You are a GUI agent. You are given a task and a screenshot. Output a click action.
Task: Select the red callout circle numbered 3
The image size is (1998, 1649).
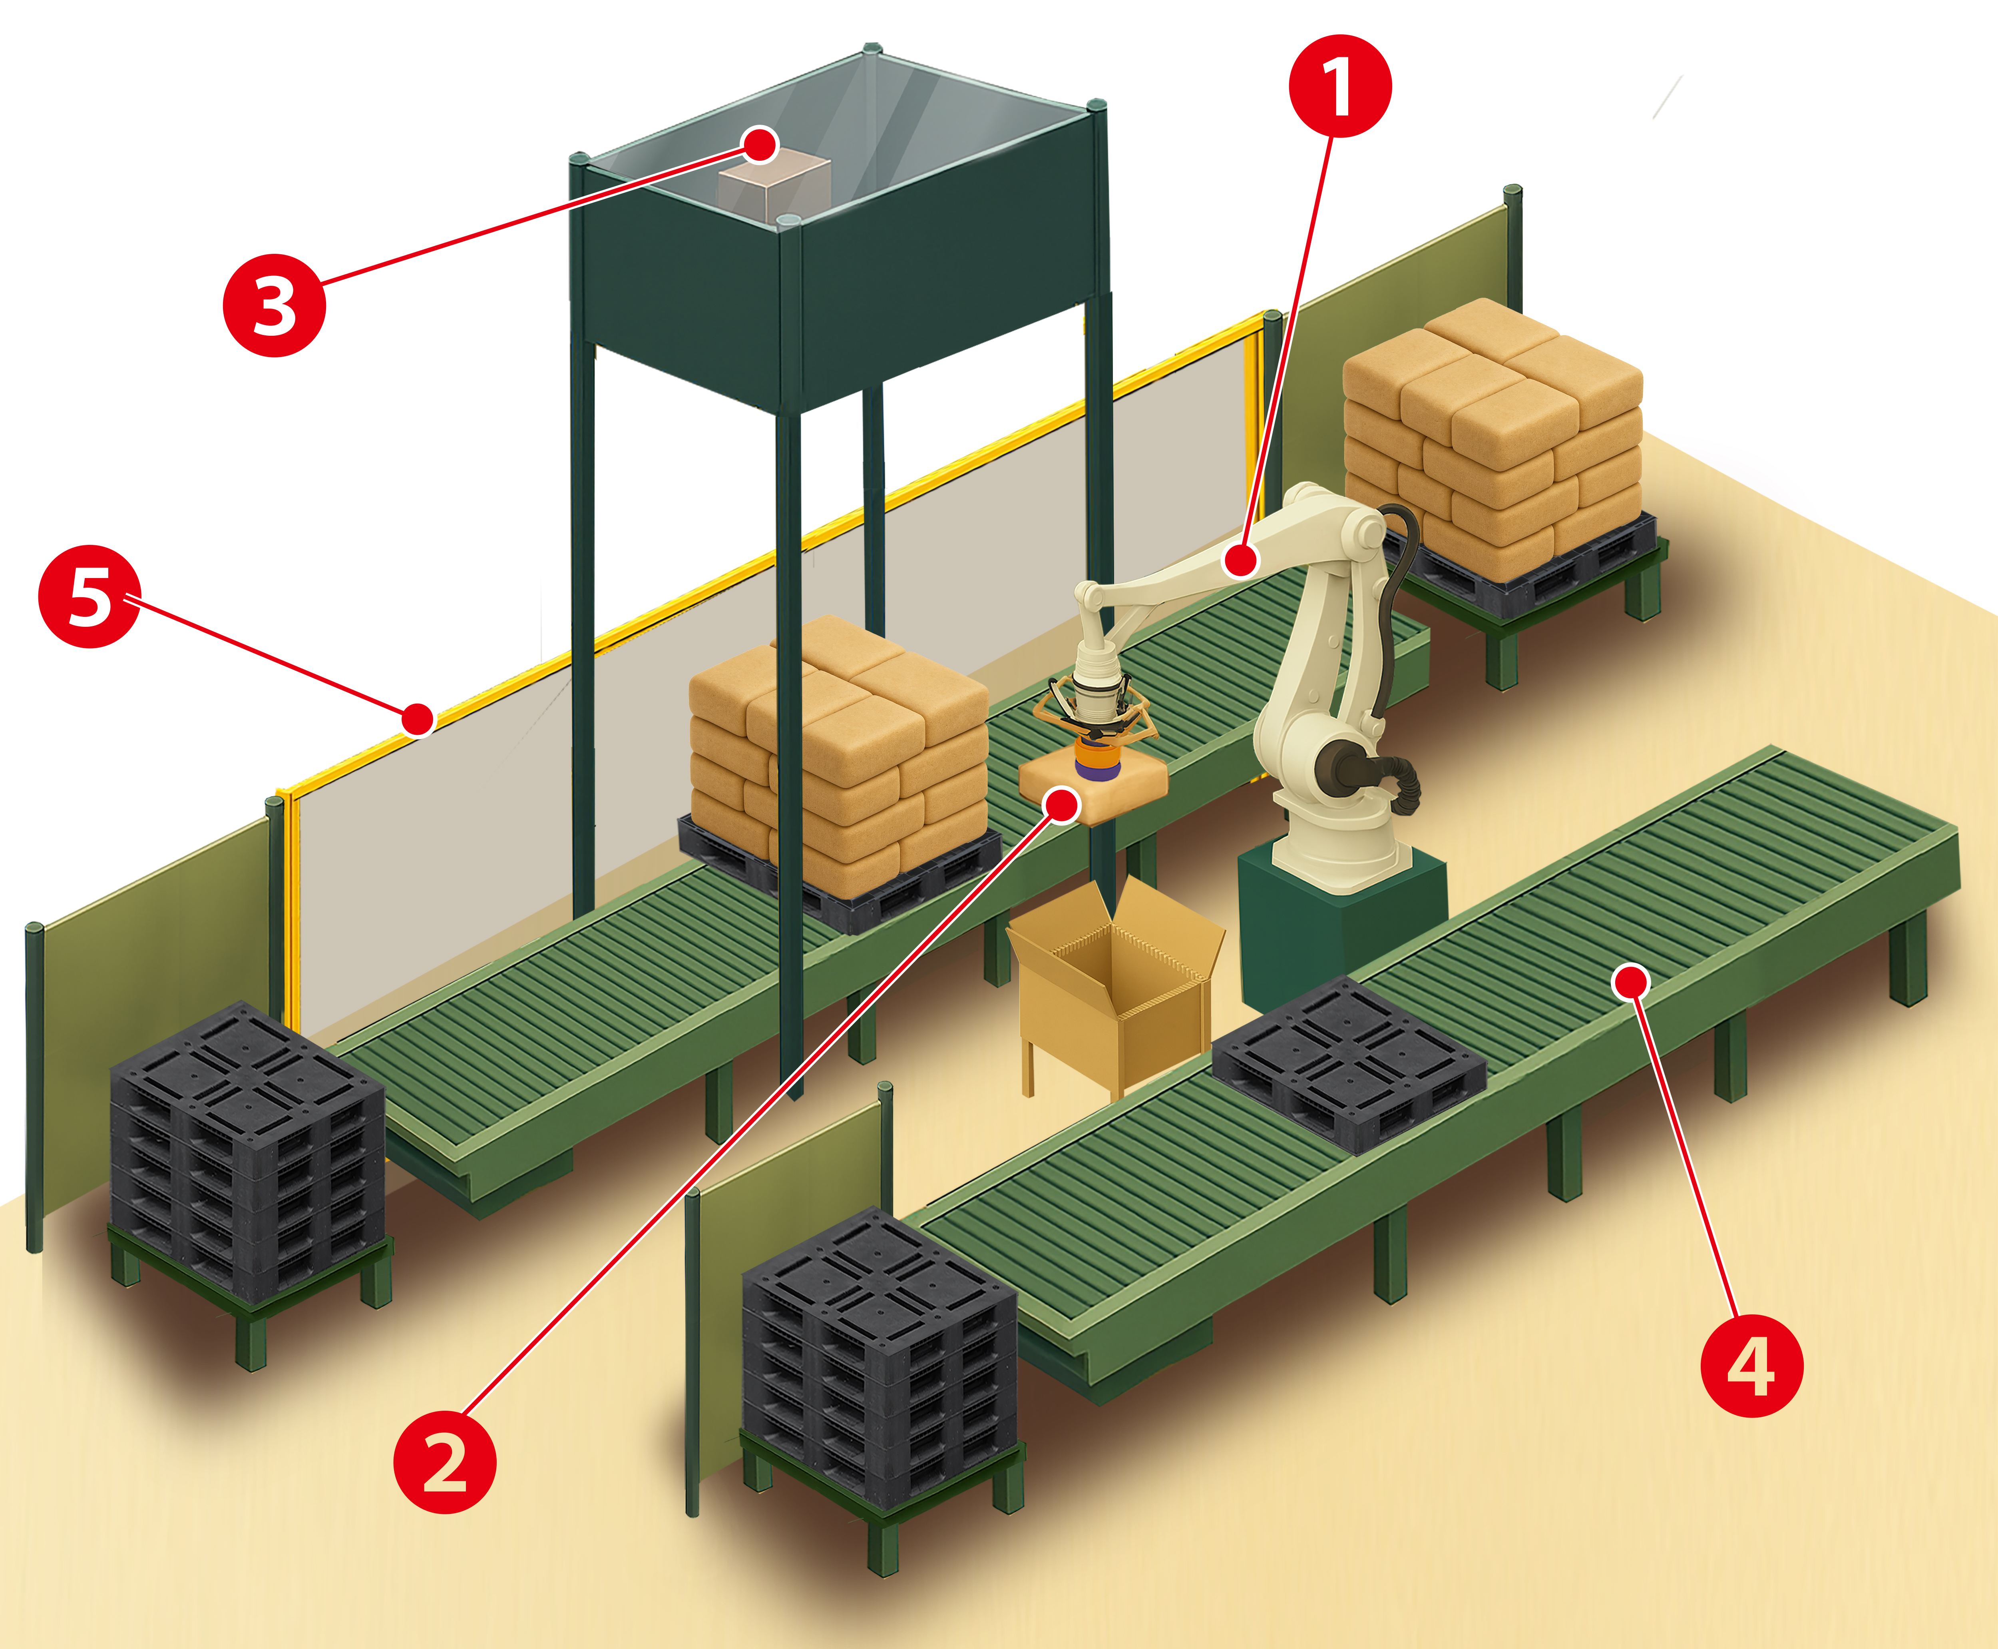click(275, 306)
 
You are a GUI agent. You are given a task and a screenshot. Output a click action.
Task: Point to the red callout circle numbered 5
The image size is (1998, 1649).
click(89, 596)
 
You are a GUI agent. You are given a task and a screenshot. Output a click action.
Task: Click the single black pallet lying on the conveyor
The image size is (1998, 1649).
click(1349, 1064)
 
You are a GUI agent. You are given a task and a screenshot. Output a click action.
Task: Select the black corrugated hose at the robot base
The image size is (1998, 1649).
click(1396, 779)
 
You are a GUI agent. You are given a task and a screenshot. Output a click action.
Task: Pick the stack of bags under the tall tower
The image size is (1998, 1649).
click(836, 750)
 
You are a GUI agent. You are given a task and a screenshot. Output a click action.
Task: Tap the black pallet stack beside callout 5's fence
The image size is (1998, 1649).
click(247, 1149)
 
